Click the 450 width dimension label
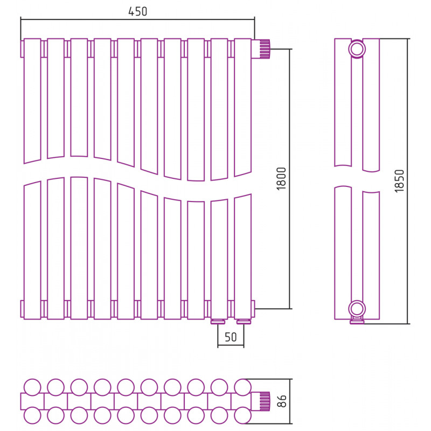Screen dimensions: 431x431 click(138, 11)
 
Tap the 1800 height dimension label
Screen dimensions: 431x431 click(281, 179)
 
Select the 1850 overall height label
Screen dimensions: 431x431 click(399, 181)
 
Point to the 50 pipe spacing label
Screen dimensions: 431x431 click(231, 337)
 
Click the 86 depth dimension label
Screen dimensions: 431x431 click(282, 401)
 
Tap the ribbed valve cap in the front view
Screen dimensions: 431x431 click(265, 49)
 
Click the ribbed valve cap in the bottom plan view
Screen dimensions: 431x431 click(265, 401)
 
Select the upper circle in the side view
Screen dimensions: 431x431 click(357, 49)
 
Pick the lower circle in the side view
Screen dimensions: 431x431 click(357, 309)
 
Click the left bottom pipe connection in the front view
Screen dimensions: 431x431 click(218, 322)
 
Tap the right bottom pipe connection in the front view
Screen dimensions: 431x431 click(244, 322)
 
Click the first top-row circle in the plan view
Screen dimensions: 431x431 click(32, 387)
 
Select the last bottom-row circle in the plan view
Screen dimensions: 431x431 click(243, 415)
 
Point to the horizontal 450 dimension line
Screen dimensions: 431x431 click(137, 19)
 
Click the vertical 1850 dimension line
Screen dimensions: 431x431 click(408, 181)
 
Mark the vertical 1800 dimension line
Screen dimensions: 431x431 click(290, 179)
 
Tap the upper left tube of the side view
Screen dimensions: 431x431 click(343, 102)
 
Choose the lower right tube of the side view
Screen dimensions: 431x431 click(371, 255)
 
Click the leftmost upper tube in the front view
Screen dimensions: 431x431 click(32, 101)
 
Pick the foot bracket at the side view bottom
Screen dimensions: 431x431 click(357, 321)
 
